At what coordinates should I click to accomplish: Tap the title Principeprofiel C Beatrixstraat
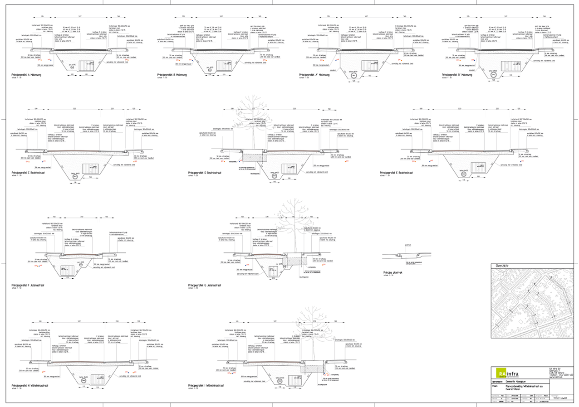30,173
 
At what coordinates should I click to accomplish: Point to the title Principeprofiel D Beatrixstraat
206,173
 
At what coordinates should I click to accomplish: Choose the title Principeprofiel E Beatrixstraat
398,173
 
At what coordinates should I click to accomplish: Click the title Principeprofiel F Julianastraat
30,286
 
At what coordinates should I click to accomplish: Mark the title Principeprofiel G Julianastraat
206,286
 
